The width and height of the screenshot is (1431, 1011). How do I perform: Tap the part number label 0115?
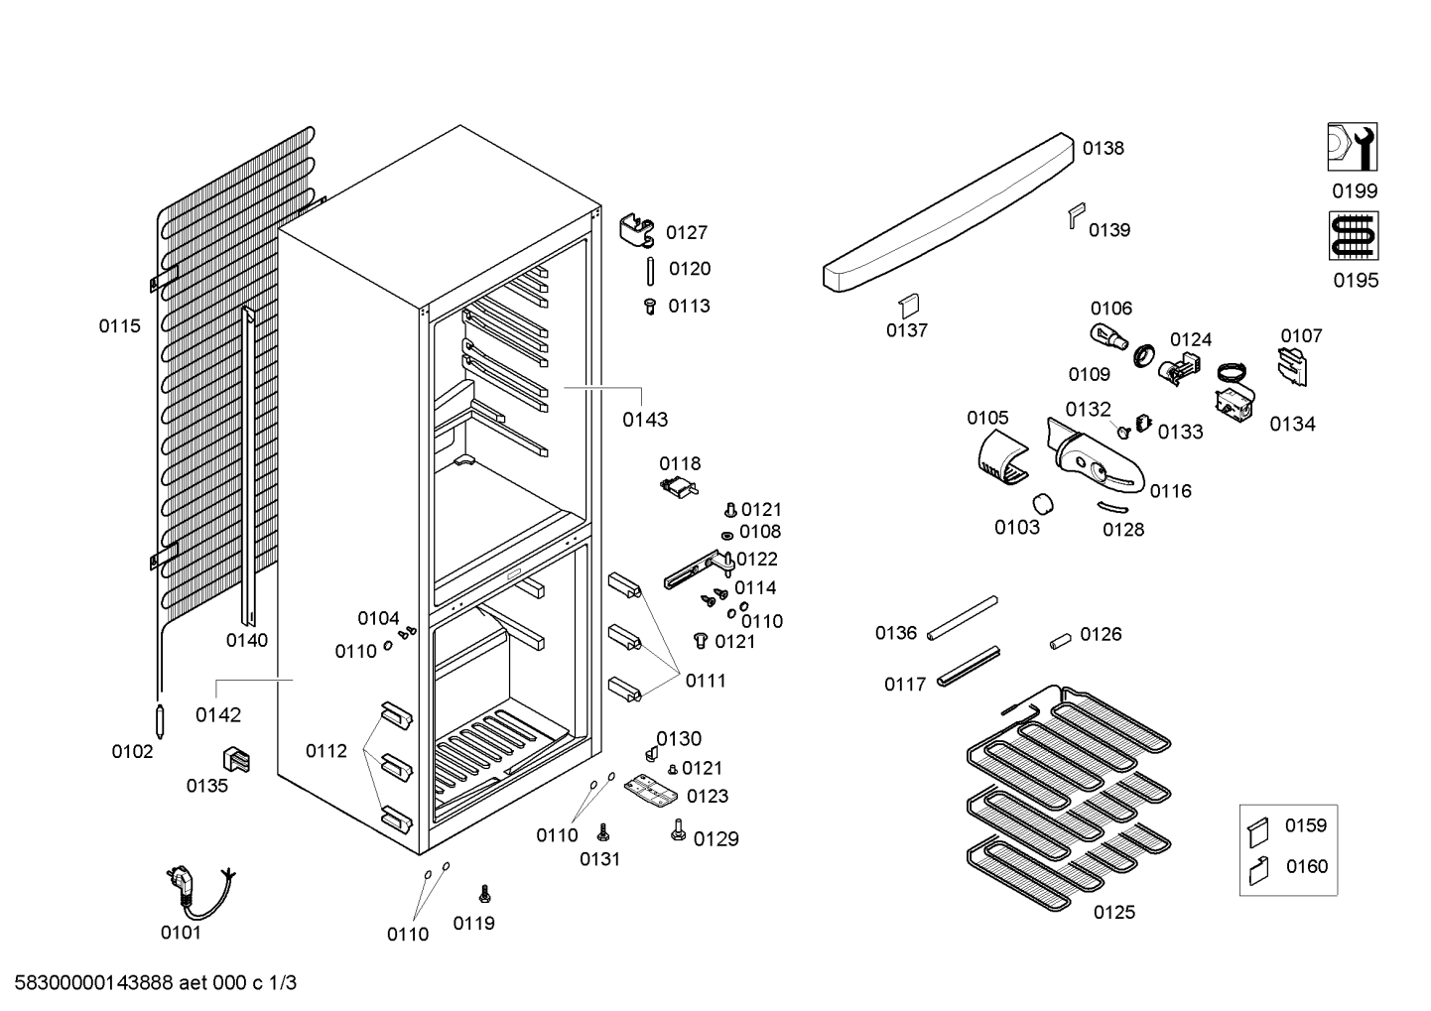(119, 325)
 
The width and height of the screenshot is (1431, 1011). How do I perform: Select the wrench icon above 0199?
(1353, 147)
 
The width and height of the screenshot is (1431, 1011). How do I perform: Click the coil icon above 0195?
(1353, 236)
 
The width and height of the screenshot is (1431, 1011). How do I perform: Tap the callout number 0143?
(645, 420)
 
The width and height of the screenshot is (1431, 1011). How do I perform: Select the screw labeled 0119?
(484, 893)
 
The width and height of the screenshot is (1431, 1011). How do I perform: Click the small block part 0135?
(235, 759)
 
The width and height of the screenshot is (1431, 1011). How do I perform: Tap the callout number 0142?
(217, 714)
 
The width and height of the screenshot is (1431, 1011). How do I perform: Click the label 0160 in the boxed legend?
(1306, 866)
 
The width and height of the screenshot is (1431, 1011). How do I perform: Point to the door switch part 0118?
(680, 485)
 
